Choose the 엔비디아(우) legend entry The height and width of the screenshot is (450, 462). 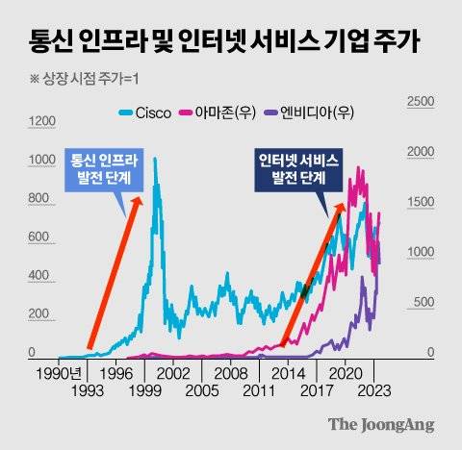[x=309, y=112]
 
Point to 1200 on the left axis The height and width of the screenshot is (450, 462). [x=43, y=120]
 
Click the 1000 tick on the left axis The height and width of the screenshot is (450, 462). [x=43, y=160]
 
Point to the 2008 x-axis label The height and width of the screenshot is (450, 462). [x=231, y=372]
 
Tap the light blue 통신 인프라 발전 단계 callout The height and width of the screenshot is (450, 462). [x=103, y=169]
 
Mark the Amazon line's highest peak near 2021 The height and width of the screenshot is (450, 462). [x=363, y=167]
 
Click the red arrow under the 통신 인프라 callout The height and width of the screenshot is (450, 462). [x=114, y=274]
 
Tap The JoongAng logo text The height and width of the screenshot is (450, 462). [x=381, y=424]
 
